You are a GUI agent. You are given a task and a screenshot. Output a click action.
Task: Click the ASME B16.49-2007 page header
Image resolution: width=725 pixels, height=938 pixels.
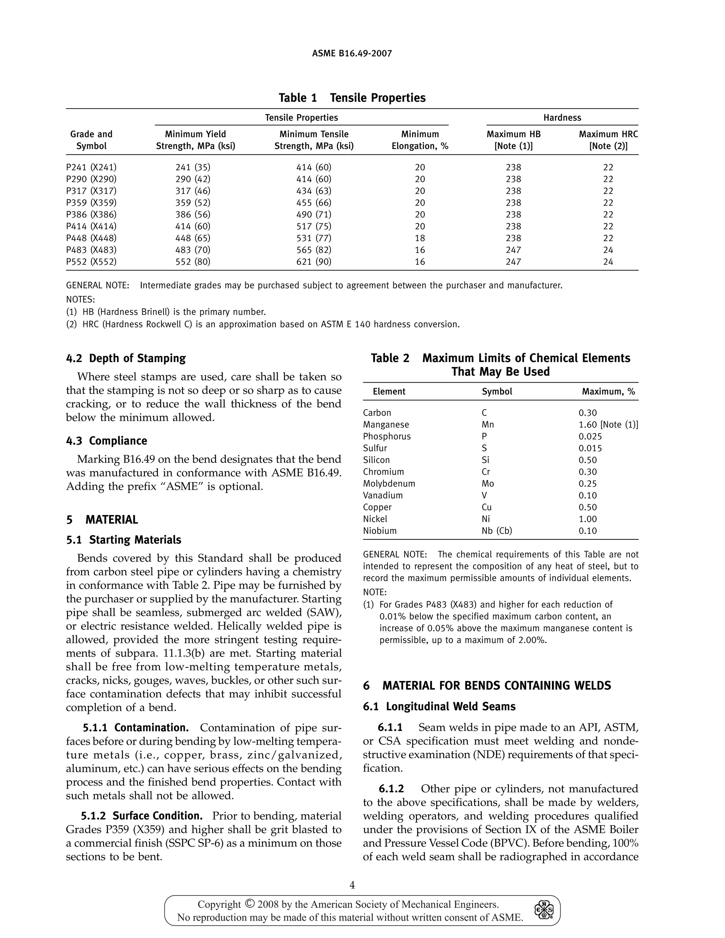click(x=352, y=54)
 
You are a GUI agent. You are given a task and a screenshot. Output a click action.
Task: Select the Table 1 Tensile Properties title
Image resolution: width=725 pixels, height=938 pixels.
click(x=352, y=98)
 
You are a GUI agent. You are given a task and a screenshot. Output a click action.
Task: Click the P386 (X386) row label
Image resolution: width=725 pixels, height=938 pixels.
click(x=91, y=214)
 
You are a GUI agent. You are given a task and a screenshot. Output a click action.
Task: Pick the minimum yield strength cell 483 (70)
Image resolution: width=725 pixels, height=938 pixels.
click(x=193, y=250)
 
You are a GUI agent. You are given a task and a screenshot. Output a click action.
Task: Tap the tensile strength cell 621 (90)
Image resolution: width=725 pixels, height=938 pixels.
click(x=314, y=262)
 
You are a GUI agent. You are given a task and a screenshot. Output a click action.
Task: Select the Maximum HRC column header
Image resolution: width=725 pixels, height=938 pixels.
click(x=608, y=140)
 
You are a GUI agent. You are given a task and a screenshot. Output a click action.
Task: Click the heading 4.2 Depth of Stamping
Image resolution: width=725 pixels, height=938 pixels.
click(x=125, y=358)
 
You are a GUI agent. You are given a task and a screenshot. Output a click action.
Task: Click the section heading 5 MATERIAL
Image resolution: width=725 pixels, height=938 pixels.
click(x=102, y=520)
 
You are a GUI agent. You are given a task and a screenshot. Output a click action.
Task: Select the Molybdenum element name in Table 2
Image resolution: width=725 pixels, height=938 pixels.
click(x=389, y=484)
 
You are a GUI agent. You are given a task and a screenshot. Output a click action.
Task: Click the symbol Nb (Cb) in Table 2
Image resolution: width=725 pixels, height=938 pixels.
click(x=497, y=531)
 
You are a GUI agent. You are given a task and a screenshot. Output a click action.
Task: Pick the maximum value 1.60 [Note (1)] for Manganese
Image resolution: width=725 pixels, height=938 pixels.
click(x=608, y=425)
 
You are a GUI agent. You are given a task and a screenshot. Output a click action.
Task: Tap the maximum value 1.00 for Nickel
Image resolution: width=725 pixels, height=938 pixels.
click(x=588, y=519)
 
